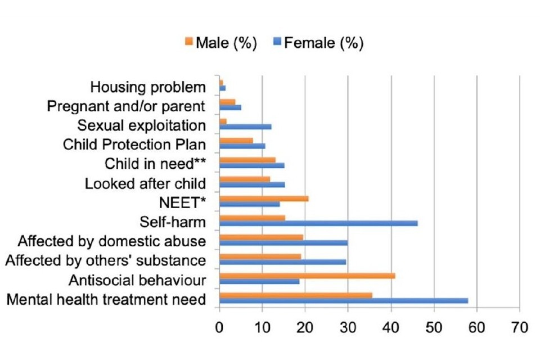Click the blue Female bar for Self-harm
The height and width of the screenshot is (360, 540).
click(318, 223)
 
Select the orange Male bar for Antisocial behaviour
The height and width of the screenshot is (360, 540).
click(307, 276)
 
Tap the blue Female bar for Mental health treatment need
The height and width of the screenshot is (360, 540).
click(343, 300)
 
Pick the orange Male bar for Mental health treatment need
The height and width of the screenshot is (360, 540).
click(295, 295)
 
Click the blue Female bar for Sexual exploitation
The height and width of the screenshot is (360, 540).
click(245, 127)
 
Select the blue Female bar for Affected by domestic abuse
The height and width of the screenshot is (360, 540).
click(283, 242)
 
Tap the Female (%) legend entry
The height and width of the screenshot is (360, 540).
click(318, 43)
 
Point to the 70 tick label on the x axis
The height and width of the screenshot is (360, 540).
click(520, 327)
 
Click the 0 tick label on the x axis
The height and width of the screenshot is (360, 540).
click(219, 327)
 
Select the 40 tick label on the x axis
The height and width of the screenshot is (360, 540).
click(391, 327)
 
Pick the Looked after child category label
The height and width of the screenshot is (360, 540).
click(145, 183)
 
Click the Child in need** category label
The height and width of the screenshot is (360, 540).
click(155, 164)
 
